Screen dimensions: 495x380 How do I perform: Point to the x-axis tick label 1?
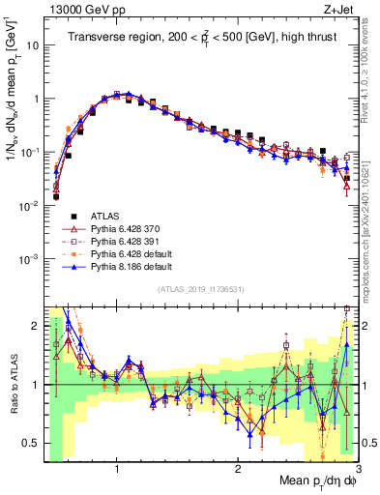117,471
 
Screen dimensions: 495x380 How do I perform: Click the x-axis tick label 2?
238,471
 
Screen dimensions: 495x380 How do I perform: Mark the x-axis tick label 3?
357,471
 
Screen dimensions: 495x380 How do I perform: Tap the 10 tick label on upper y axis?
31,44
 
